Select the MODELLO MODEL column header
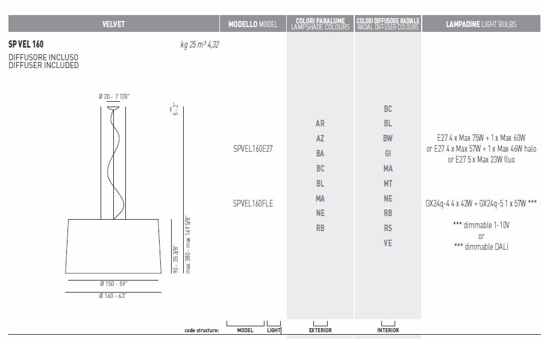(252, 24)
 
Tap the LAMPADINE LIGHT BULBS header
(481, 24)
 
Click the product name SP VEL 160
(26, 45)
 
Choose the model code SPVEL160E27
(252, 148)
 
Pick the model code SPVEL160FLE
(252, 203)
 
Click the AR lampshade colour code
(320, 123)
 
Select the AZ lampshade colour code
(320, 138)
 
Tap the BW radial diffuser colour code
(387, 138)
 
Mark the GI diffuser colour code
(387, 154)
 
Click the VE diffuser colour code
(387, 243)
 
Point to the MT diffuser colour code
(387, 184)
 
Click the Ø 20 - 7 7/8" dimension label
(114, 96)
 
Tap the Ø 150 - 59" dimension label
(113, 284)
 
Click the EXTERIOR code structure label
(320, 330)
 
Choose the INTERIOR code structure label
(387, 330)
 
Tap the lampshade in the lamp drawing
(113, 247)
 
